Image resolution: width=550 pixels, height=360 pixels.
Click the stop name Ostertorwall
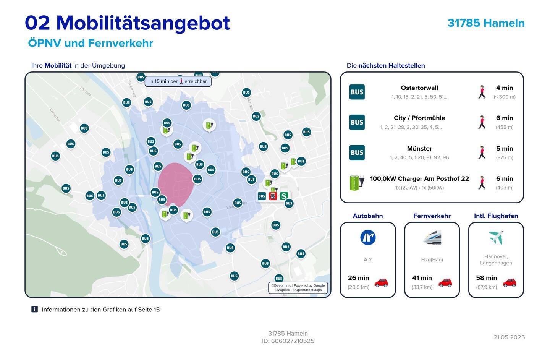pos(419,88)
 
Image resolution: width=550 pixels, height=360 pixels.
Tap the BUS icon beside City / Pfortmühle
pos(357,122)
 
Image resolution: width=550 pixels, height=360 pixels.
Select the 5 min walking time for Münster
pos(504,149)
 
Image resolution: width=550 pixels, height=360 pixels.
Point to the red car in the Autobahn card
pos(381,282)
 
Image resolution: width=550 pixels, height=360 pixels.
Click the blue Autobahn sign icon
pos(368,237)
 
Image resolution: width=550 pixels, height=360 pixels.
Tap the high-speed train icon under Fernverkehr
pos(432,237)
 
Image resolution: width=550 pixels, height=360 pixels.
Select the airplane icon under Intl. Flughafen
pos(496,237)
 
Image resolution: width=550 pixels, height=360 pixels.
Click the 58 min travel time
pos(486,278)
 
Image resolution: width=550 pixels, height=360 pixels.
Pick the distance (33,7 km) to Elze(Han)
pos(422,287)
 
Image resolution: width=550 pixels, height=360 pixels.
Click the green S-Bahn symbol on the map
pos(284,196)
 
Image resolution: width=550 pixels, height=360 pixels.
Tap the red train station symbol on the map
pos(273,196)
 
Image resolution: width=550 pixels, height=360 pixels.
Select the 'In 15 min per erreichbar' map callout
pos(178,81)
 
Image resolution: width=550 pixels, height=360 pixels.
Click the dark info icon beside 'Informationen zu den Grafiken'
pos(34,309)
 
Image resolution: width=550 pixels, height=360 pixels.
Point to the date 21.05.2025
pos(509,337)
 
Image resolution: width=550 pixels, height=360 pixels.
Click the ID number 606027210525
pos(293,341)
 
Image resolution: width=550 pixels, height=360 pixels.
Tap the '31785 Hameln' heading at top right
pos(486,23)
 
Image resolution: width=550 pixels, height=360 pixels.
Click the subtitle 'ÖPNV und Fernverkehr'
pos(91,43)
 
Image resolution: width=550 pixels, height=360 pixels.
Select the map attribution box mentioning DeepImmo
pos(298,288)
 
